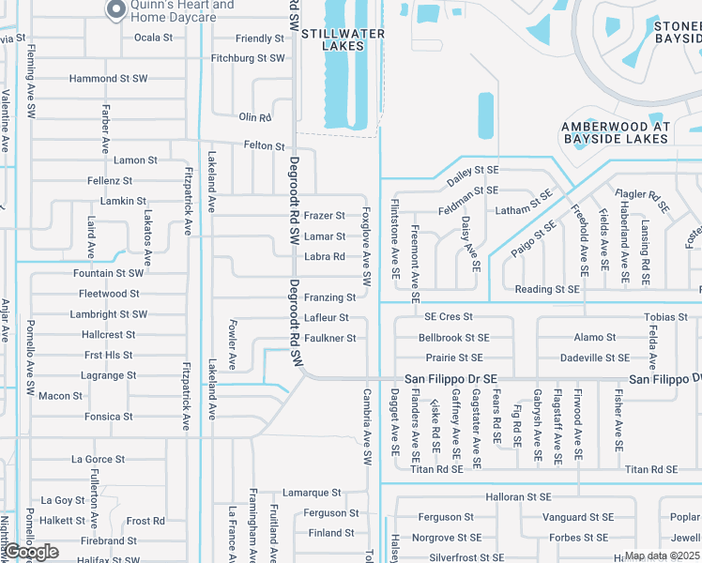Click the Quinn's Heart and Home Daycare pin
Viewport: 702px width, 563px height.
point(116,10)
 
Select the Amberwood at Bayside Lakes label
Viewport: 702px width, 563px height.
point(616,132)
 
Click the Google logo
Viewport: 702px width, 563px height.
point(30,552)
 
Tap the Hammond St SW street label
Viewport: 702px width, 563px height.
point(108,79)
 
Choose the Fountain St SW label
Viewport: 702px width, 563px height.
point(108,273)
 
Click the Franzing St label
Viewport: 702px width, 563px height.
point(329,297)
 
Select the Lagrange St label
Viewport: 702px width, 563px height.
point(110,375)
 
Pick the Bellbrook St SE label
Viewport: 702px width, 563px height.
point(453,337)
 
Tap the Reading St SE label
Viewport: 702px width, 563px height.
point(547,290)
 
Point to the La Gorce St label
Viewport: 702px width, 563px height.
point(99,459)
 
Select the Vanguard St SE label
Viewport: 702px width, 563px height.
point(578,517)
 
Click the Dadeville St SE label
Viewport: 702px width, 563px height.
point(594,358)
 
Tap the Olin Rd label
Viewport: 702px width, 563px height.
point(254,117)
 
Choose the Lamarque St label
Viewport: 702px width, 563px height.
point(312,493)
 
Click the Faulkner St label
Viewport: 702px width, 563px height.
point(329,338)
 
